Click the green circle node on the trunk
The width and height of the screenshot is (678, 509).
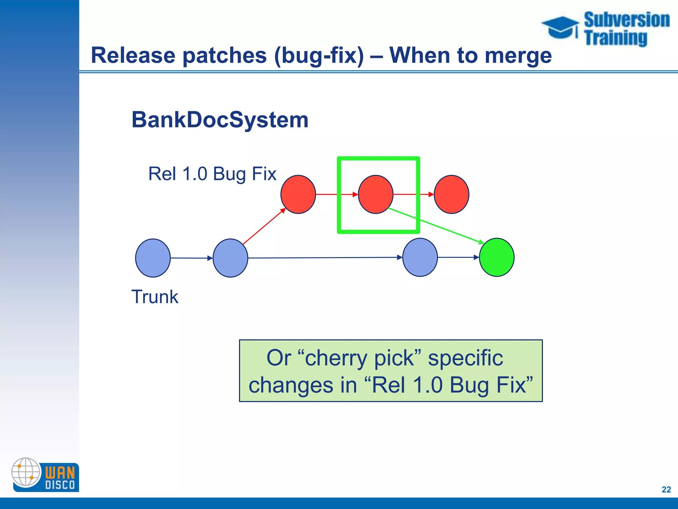[x=497, y=257]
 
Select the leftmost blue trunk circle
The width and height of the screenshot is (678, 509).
[x=153, y=258]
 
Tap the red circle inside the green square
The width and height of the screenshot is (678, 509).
[x=376, y=195]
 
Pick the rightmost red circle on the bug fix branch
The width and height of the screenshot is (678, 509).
[x=451, y=195]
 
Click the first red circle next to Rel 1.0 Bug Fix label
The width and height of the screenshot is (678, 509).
[x=298, y=195]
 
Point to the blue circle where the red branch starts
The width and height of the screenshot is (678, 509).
[x=230, y=258]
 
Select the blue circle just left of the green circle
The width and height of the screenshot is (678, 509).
[x=420, y=257]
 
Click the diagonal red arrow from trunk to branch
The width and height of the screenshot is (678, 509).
[x=264, y=226]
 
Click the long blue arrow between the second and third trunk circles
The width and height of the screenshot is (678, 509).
[x=324, y=257]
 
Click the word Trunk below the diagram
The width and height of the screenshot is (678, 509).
[x=155, y=297]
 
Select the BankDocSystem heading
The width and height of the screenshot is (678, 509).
[x=220, y=120]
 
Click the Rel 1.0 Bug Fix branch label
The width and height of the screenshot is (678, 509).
[x=212, y=174]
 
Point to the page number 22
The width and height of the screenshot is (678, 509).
[x=666, y=489]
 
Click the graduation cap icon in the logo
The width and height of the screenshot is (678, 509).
[x=560, y=27]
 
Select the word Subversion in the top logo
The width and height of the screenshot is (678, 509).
[x=626, y=20]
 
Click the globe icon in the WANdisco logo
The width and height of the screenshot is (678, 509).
[x=26, y=472]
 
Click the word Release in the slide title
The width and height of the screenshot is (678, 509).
[x=133, y=55]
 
